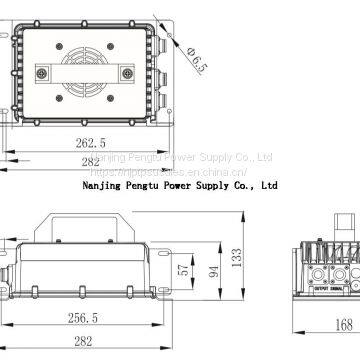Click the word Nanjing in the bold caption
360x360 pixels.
pyautogui.click(x=98, y=184)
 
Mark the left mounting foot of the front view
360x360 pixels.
pyautogui.click(x=20, y=291)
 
